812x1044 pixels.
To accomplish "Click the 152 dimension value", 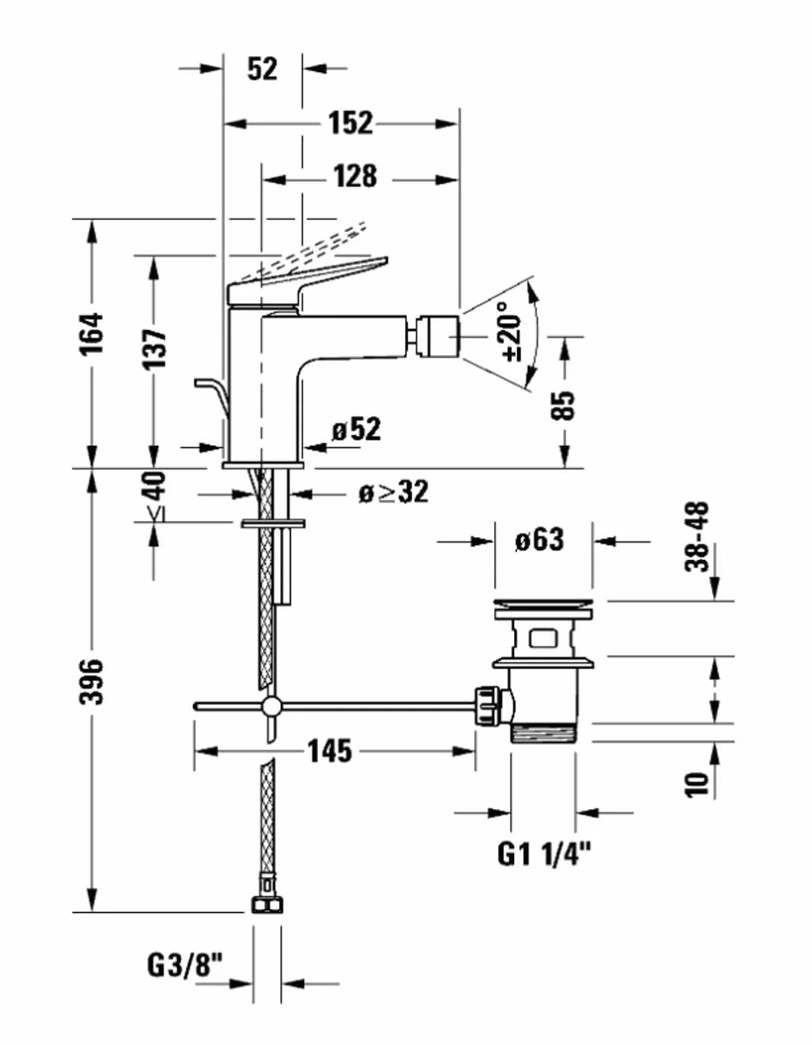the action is tap(351, 123).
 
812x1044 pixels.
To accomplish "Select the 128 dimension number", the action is tap(355, 176).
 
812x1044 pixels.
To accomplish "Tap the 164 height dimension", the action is tap(91, 335).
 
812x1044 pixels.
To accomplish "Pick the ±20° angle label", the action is tap(511, 332).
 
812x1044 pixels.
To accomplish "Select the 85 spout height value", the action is tap(562, 407).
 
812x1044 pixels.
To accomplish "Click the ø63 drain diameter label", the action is tap(539, 541).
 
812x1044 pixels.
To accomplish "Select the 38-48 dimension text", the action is tap(696, 537).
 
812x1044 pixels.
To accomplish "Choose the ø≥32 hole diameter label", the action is tap(393, 493).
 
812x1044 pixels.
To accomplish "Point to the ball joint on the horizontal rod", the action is tap(272, 706).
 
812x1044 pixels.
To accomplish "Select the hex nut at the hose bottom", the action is tap(267, 905).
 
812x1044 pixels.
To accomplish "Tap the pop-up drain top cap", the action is tap(543, 607).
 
